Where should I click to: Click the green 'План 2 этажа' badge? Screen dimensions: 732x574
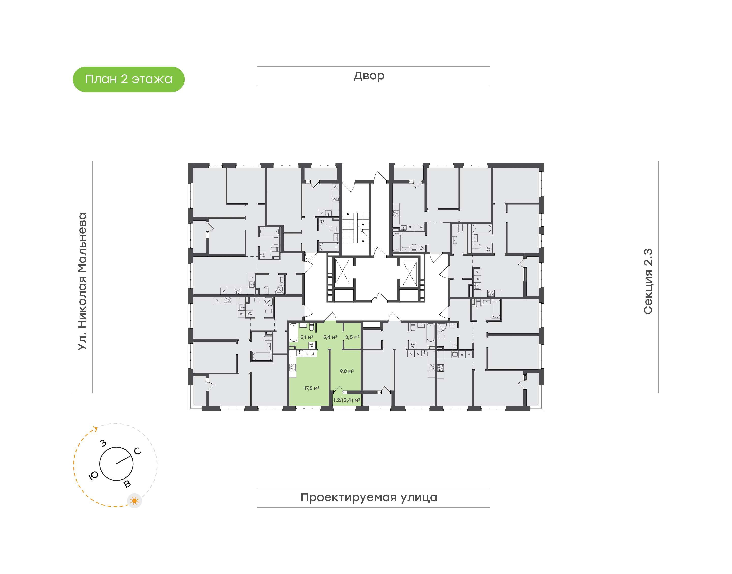[128, 79]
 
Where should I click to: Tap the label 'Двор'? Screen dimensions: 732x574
[369, 76]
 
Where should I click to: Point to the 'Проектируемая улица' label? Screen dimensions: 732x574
[369, 497]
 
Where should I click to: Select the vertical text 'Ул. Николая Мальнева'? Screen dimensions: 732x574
[82, 281]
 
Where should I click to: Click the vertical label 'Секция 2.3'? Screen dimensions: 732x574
[648, 282]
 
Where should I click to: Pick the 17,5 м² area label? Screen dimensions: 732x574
[311, 388]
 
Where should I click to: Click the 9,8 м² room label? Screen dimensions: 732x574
[346, 371]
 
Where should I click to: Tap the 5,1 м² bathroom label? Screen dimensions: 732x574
[307, 337]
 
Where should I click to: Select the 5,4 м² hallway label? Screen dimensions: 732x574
[330, 337]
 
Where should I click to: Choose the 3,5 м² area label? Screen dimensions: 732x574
[352, 337]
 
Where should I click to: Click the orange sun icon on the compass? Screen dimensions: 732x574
[134, 501]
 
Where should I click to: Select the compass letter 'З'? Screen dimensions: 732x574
[103, 443]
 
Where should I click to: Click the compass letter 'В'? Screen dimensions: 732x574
[127, 484]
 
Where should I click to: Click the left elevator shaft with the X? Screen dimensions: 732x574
[342, 271]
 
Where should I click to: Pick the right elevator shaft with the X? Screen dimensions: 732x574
[409, 274]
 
